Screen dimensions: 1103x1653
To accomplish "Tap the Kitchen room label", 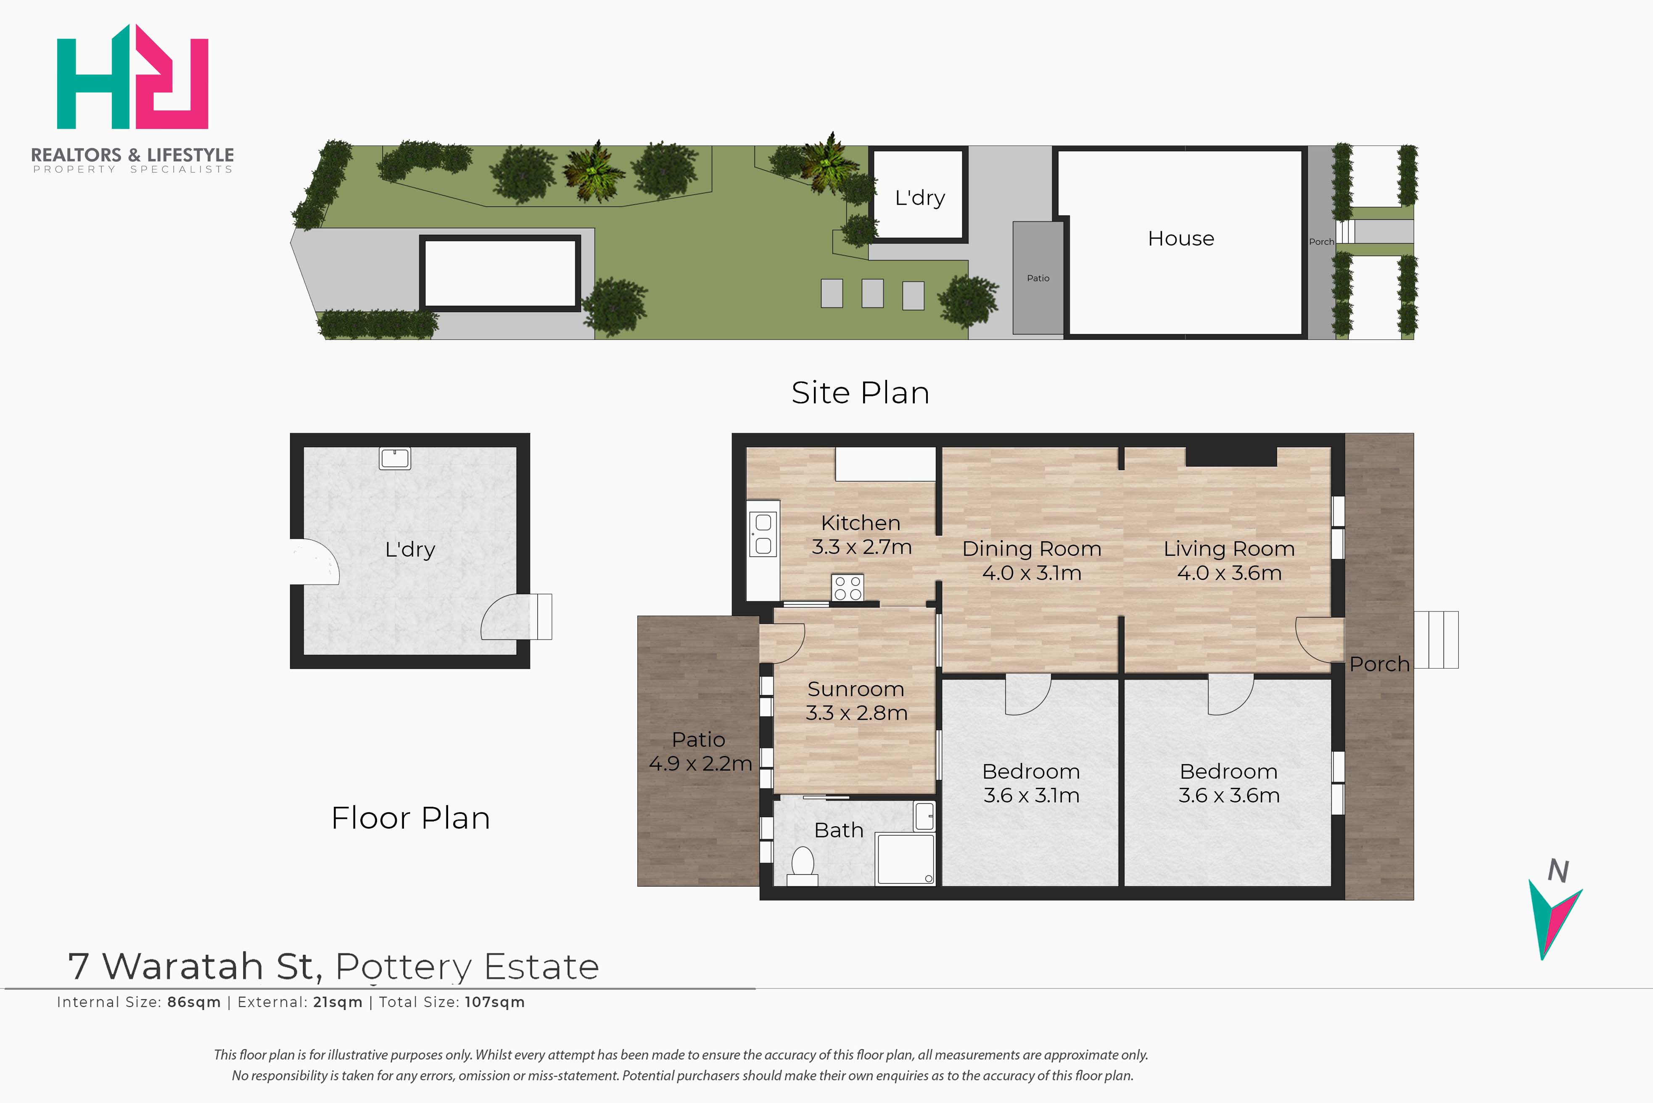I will [x=860, y=523].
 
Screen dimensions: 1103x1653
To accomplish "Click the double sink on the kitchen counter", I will [x=763, y=534].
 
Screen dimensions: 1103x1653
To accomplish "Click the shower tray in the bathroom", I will [x=905, y=859].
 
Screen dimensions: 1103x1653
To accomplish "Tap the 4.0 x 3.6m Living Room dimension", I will [x=1229, y=573].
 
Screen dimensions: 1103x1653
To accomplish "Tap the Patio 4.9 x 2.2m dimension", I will [x=700, y=763].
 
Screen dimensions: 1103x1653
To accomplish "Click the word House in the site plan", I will [x=1181, y=239].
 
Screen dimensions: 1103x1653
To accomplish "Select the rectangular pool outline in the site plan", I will [x=499, y=273].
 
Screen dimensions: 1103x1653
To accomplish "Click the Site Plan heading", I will [x=860, y=392].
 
